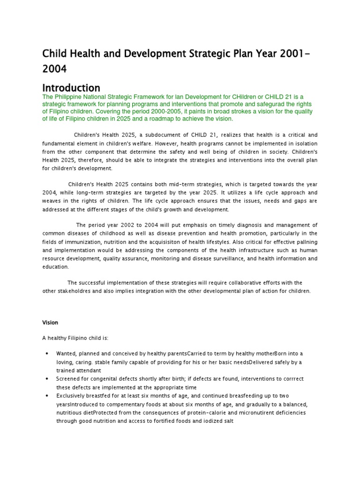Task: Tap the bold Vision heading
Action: point(50,323)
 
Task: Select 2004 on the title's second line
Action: point(55,69)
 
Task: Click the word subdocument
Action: point(161,135)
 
